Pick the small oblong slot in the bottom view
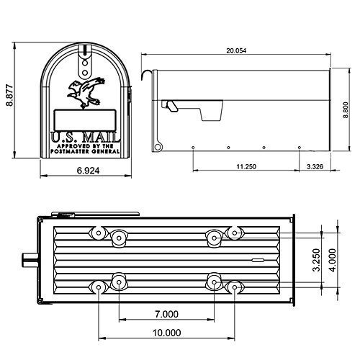256,258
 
